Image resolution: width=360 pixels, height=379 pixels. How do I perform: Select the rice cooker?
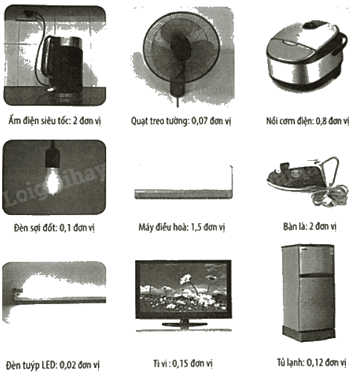coord(307,56)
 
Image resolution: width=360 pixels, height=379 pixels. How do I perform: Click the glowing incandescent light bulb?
coord(53,180)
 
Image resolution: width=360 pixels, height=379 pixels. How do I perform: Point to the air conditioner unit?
coord(183,194)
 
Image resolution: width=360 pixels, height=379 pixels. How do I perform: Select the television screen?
coord(183,289)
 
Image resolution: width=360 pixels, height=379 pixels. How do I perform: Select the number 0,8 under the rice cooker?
coord(321,121)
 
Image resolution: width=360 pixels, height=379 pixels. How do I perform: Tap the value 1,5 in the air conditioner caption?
coord(197,227)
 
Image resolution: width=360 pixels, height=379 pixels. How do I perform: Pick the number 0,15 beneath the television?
coord(180,363)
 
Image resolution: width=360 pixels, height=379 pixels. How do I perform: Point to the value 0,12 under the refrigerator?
coord(315,362)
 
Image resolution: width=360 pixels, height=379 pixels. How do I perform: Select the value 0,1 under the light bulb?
coord(65,228)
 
